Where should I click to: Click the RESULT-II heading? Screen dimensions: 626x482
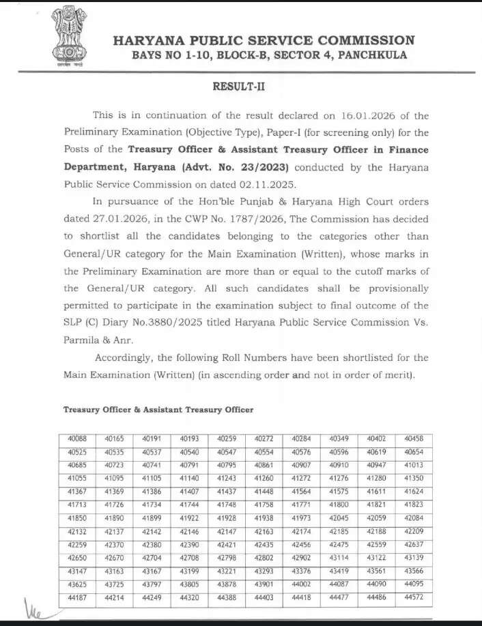(240, 87)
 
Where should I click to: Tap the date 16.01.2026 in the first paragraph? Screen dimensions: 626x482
(363, 116)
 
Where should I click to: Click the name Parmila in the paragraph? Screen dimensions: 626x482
(85, 340)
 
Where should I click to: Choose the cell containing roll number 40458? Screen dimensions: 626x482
(414, 438)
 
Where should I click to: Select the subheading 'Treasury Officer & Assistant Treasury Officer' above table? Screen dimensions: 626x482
(158, 410)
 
